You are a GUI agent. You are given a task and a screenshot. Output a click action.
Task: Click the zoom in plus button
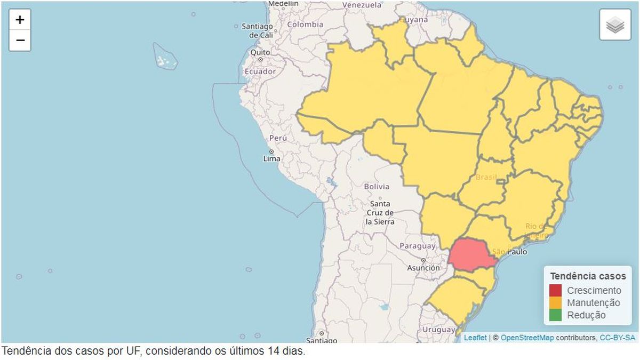point(20,20)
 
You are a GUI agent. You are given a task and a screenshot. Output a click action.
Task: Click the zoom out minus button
point(20,40)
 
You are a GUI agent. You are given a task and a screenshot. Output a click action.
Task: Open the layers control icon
point(615,25)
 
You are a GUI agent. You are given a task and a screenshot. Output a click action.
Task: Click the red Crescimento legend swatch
point(555,291)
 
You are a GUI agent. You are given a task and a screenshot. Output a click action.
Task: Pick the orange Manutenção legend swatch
point(555,303)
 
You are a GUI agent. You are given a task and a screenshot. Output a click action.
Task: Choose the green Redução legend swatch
point(555,315)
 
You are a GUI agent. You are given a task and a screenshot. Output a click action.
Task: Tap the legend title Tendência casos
point(588,276)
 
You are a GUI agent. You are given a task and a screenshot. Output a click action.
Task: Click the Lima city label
point(271,158)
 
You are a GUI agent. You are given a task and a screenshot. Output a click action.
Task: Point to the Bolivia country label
point(377,187)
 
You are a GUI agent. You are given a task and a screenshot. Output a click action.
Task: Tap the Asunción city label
point(423,268)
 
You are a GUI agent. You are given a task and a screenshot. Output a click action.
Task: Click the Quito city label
point(260,52)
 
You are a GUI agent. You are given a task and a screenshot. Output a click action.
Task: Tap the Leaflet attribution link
point(475,338)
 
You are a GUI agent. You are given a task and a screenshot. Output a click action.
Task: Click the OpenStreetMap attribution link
point(526,338)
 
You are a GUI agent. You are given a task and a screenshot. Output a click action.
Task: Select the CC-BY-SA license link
point(617,338)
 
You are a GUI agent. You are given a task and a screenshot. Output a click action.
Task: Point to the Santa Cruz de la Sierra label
point(380,212)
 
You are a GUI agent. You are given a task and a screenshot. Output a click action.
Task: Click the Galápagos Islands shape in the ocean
point(165,57)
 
